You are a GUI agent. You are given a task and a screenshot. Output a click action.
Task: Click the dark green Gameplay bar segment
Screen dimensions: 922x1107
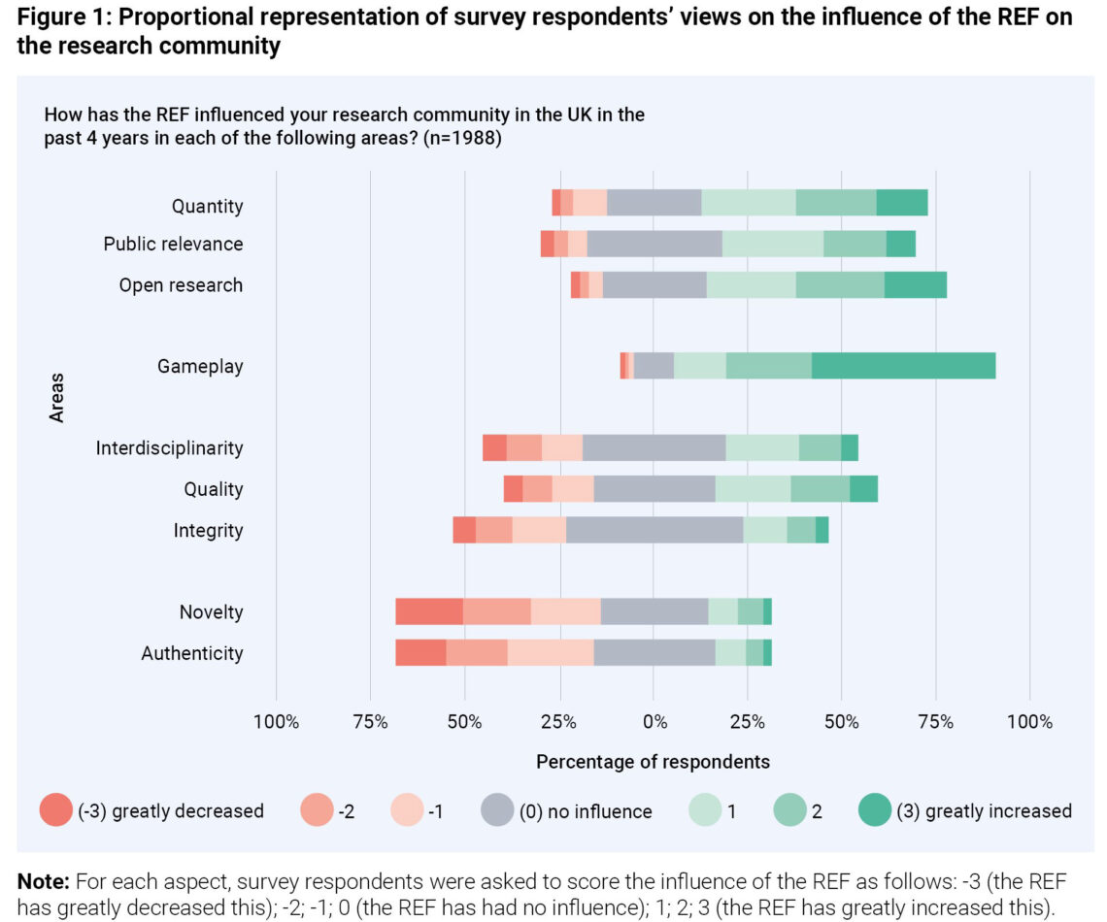903,366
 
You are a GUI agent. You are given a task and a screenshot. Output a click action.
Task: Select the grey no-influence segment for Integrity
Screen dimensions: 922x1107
654,530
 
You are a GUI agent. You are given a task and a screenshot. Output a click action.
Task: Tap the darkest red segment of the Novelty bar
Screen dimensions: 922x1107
428,611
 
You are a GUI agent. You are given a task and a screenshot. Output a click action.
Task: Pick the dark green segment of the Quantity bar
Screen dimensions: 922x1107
902,203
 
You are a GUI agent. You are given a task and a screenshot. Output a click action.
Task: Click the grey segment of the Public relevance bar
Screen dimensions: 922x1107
654,244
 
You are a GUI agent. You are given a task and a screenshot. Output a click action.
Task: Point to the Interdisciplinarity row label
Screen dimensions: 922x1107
169,448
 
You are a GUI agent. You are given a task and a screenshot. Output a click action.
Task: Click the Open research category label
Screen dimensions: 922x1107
181,285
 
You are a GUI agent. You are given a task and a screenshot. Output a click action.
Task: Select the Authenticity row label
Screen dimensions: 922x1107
191,653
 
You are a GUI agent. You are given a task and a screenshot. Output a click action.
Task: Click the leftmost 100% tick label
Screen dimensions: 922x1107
276,722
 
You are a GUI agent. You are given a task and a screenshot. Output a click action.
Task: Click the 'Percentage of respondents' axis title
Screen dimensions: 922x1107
653,761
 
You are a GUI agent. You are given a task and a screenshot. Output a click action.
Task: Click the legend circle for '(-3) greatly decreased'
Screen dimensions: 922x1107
55,810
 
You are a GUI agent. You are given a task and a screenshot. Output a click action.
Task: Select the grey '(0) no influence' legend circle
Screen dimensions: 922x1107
497,810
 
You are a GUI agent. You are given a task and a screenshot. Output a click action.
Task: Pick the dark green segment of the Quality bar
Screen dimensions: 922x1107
863,489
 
